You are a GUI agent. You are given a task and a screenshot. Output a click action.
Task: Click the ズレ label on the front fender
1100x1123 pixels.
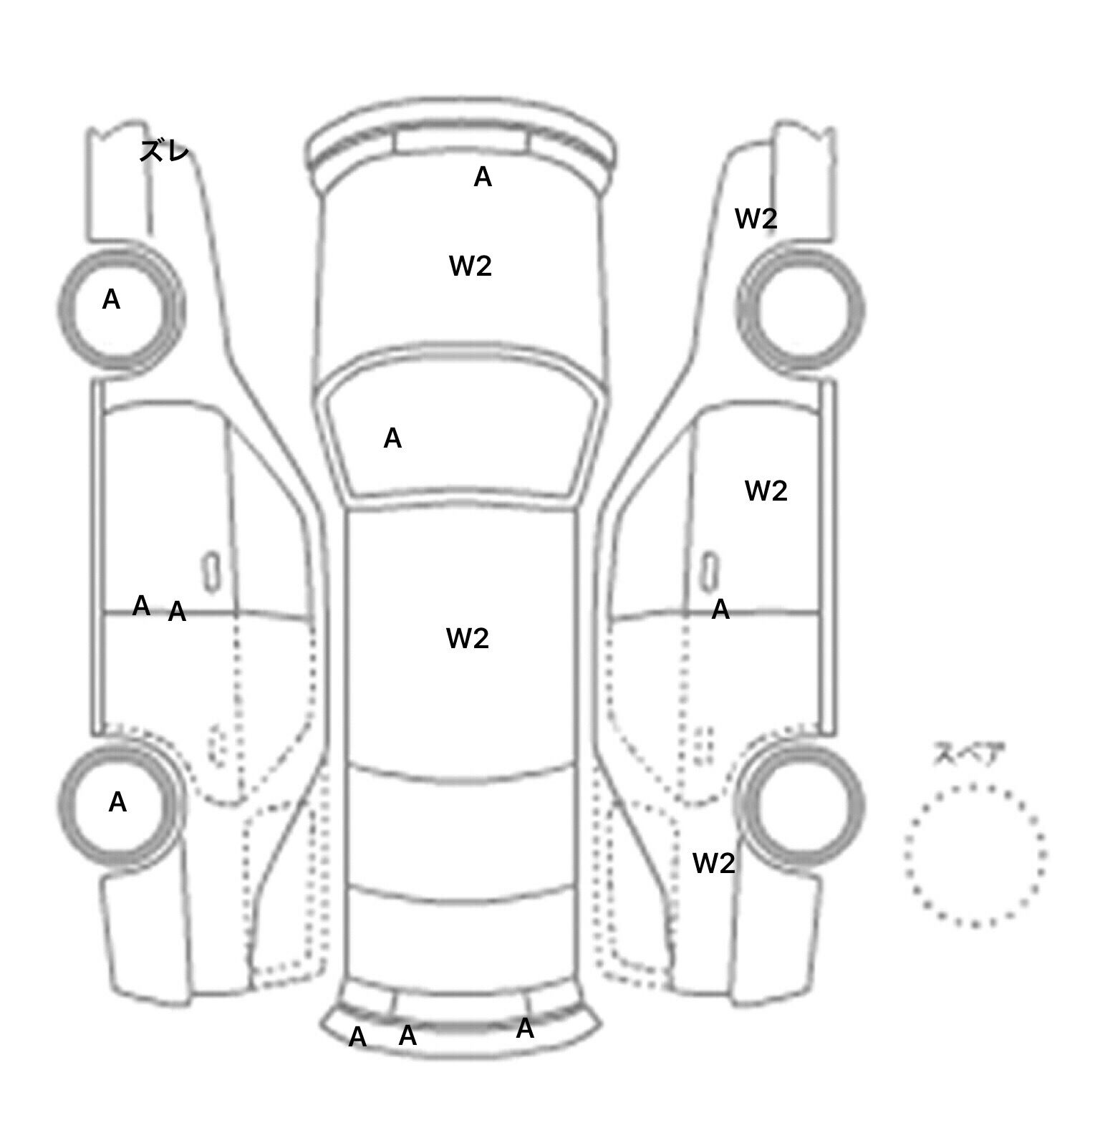[164, 150]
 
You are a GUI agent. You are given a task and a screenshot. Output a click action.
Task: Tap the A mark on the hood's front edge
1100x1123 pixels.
[483, 177]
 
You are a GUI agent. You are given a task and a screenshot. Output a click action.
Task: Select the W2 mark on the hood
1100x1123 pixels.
[471, 266]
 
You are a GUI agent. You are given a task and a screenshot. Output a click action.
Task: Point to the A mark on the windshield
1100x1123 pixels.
[392, 438]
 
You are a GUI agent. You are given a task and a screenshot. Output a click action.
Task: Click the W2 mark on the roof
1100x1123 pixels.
[468, 638]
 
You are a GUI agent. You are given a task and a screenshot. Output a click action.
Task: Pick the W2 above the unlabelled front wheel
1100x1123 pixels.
[756, 218]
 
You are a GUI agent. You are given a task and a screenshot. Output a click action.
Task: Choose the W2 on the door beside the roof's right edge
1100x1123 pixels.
[766, 491]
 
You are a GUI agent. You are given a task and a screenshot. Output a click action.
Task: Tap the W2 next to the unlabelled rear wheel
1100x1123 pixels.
[714, 864]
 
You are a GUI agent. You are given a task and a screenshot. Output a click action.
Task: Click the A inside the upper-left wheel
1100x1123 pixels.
[111, 299]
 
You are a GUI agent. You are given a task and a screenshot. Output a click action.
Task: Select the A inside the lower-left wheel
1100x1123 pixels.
[117, 802]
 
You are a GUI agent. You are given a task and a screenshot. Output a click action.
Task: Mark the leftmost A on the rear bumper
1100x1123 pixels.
[357, 1037]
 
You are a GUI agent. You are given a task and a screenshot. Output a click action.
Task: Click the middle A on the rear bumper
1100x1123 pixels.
[407, 1035]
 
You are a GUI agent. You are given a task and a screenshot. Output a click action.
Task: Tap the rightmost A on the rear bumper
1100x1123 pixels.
[525, 1028]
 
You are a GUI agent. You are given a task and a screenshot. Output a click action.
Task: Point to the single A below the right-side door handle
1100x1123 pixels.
[720, 609]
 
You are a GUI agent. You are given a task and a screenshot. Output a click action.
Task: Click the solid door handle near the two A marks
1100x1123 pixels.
[211, 572]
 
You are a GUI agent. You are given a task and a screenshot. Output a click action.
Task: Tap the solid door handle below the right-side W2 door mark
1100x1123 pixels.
[710, 572]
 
